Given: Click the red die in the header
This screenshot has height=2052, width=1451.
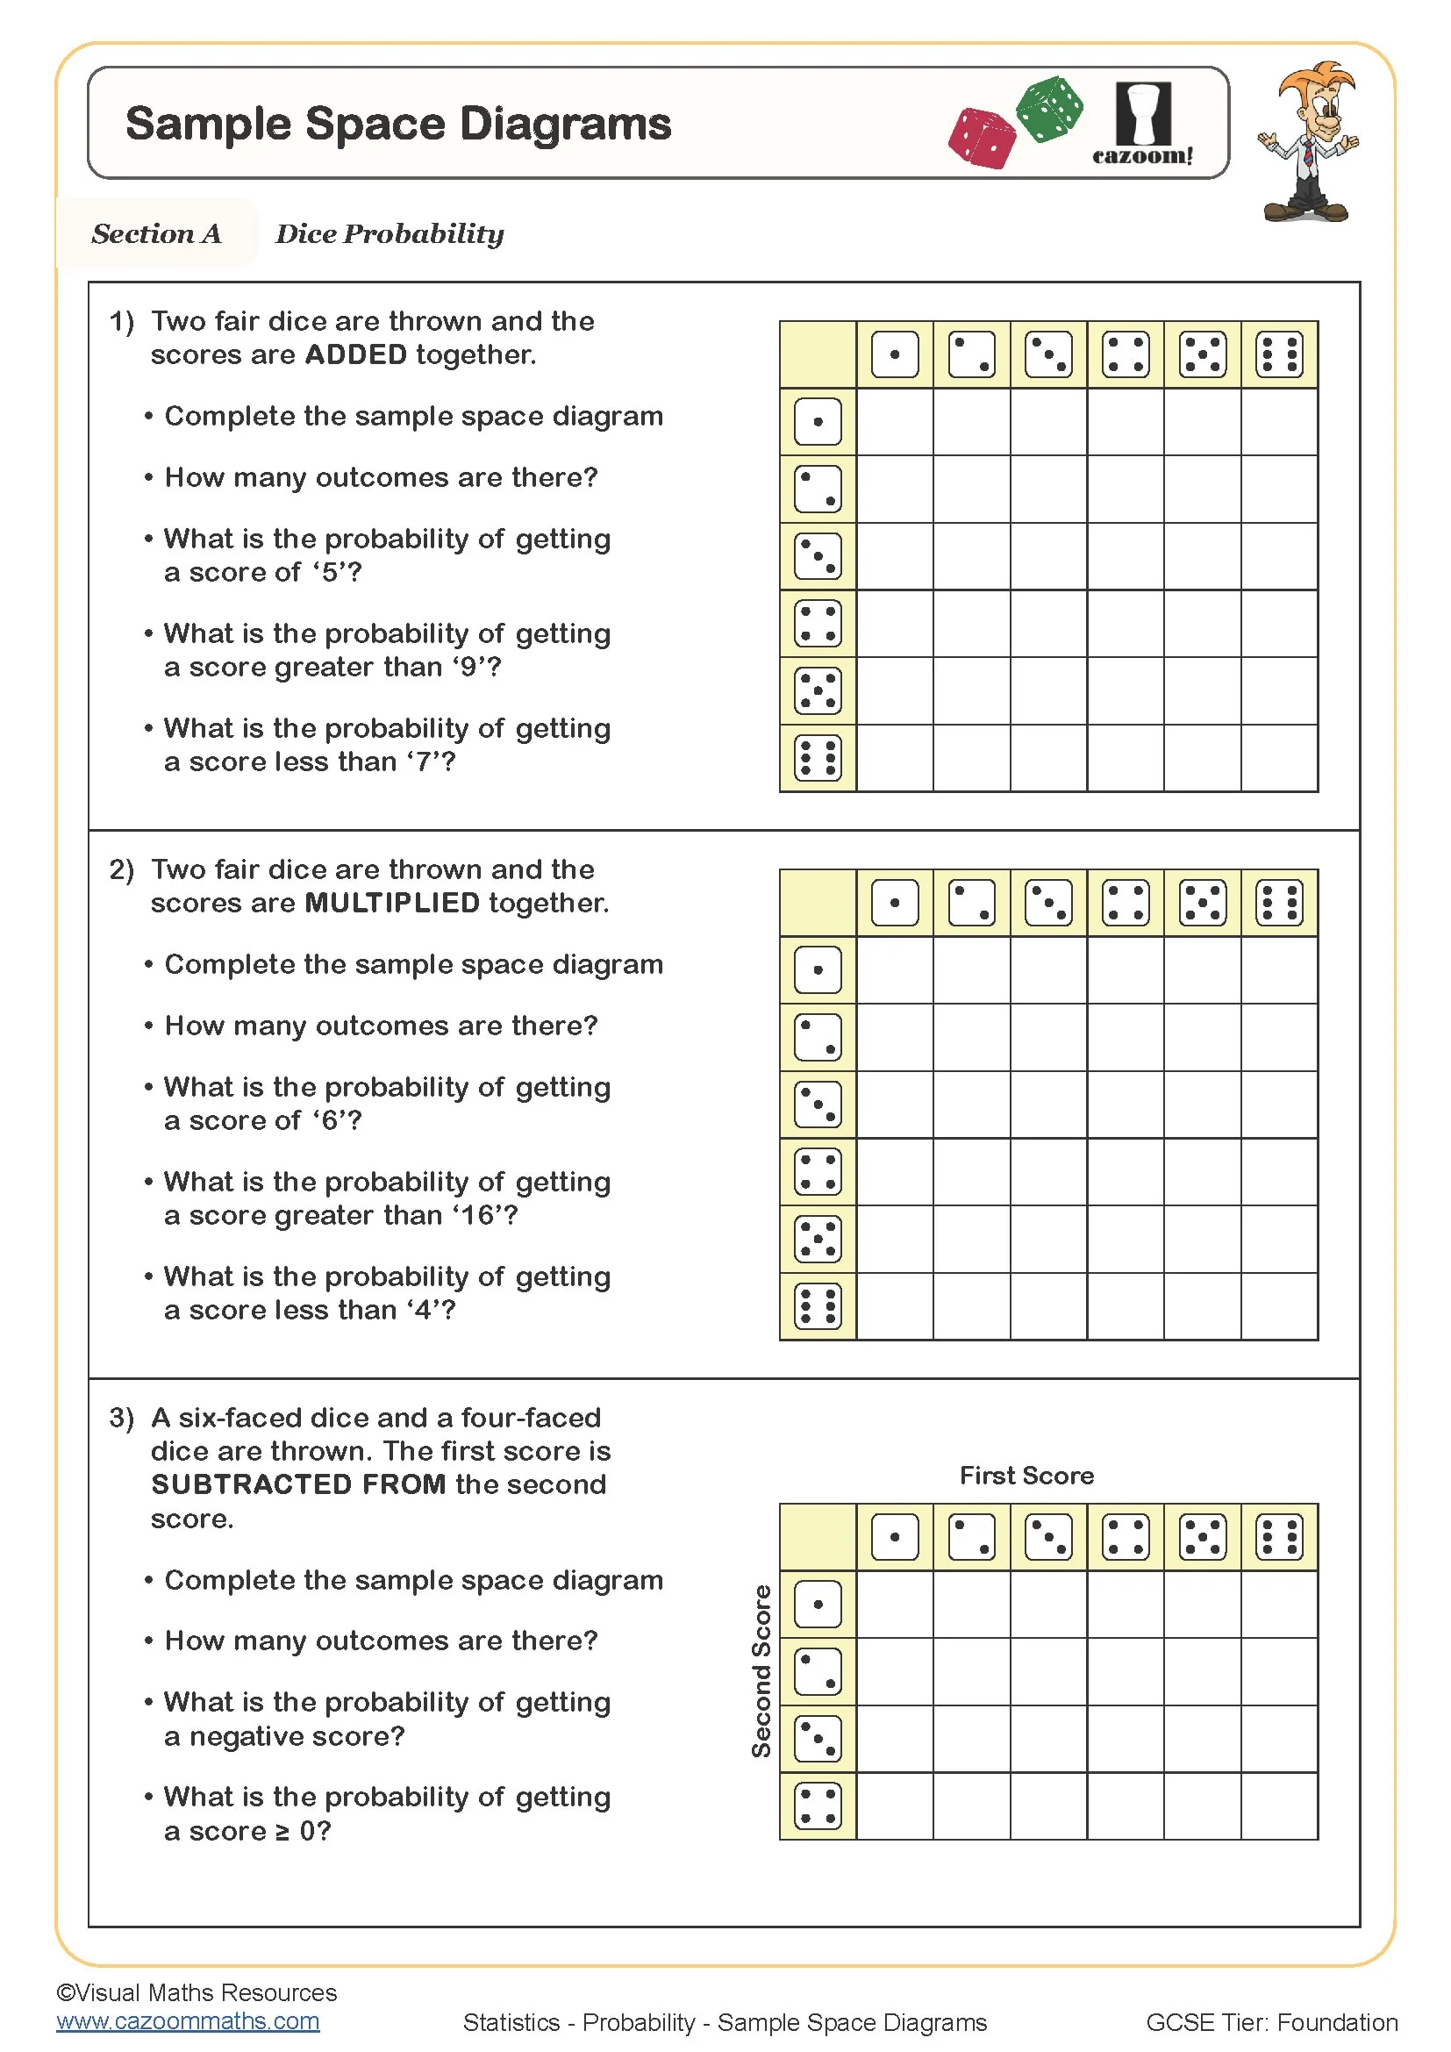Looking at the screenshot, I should click(982, 138).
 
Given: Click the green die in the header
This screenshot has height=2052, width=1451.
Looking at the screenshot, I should click(1050, 108).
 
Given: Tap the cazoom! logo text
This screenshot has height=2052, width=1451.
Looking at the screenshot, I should click(1142, 155).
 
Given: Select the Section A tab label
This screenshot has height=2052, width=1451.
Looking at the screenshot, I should click(156, 234).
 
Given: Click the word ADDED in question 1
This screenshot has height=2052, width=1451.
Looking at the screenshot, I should click(355, 354).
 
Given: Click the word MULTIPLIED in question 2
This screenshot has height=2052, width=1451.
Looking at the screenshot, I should click(392, 903).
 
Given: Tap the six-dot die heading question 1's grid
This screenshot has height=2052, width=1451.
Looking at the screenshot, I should click(1278, 354).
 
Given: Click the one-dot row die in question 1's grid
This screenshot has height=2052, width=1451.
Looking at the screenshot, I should click(818, 422).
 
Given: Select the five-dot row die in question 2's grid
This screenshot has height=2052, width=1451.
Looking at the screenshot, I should click(818, 1239).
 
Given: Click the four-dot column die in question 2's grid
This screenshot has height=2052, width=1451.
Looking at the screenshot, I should click(1125, 903).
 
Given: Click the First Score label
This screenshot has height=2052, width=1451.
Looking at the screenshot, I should click(1026, 1476).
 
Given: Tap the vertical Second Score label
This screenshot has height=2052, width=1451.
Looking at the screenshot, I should click(761, 1671).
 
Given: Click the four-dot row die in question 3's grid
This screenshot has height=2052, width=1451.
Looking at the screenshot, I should click(818, 1806).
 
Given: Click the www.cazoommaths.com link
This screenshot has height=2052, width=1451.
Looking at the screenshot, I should click(188, 2020).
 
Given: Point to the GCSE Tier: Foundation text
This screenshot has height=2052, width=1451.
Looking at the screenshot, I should click(1271, 2021).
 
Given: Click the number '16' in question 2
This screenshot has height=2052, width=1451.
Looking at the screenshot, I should click(478, 1215).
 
